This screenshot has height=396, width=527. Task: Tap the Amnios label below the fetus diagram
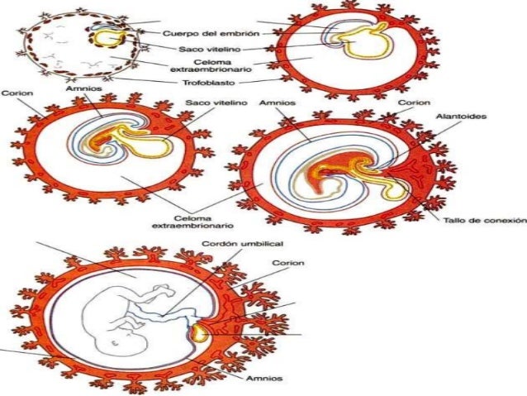pyautogui.click(x=265, y=378)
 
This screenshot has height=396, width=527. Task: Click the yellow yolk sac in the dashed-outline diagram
pyautogui.click(x=105, y=38)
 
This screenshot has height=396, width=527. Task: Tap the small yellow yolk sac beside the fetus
pyautogui.click(x=198, y=333)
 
